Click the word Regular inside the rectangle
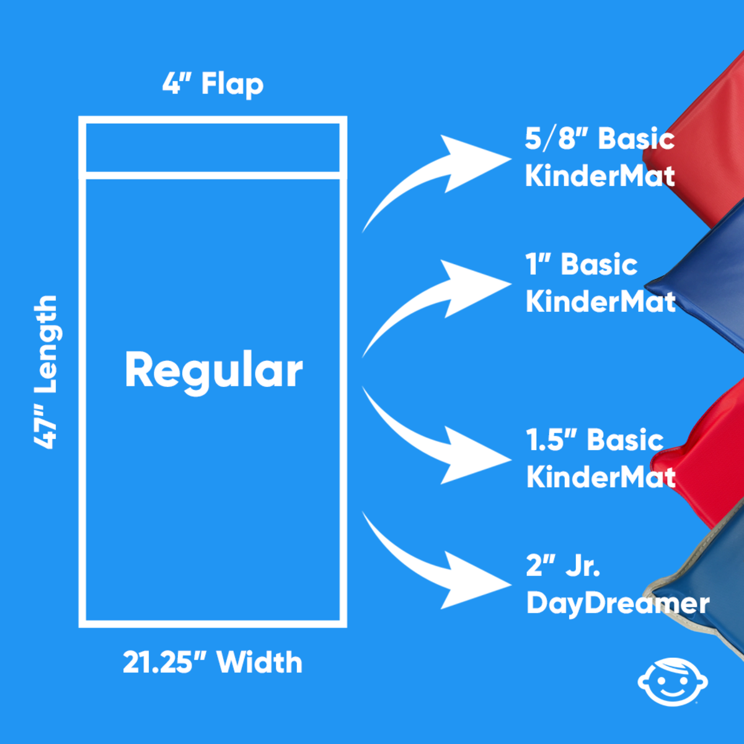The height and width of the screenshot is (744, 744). click(x=213, y=370)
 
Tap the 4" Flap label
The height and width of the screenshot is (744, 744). click(x=213, y=84)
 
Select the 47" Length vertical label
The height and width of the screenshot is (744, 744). click(x=46, y=372)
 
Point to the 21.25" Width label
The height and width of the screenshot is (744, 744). click(x=213, y=662)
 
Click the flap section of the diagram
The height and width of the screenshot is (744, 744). click(x=213, y=147)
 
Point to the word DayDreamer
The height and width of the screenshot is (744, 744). click(x=618, y=603)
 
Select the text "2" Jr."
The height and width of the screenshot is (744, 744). click(x=563, y=565)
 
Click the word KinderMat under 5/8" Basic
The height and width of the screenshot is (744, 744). click(x=600, y=175)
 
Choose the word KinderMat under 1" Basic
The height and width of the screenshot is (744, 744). click(x=600, y=301)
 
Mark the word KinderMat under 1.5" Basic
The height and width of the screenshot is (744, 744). click(x=600, y=477)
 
